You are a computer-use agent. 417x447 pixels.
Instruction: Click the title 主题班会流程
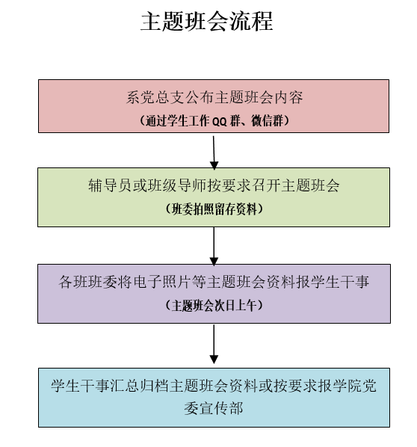coord(207,22)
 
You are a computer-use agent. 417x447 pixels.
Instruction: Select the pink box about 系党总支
coord(214,106)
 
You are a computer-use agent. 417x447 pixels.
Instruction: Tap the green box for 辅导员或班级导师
coord(214,197)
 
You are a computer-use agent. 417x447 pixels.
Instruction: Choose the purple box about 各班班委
coord(214,294)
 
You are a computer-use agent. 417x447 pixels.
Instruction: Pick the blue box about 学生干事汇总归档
coord(214,398)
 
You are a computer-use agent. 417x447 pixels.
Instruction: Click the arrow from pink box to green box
coord(214,152)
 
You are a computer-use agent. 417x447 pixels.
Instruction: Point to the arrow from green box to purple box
coord(214,246)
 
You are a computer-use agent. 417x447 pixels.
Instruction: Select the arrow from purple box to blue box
coord(214,345)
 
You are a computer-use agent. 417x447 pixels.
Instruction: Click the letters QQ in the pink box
coord(220,121)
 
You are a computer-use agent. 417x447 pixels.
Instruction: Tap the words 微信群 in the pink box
coord(267,121)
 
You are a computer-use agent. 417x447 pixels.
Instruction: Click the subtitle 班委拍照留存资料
coord(214,209)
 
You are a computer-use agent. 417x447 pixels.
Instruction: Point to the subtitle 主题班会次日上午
coord(214,306)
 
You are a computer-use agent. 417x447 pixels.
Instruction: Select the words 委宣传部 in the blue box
coord(214,408)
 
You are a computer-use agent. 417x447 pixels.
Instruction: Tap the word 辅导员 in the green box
coord(110,185)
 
